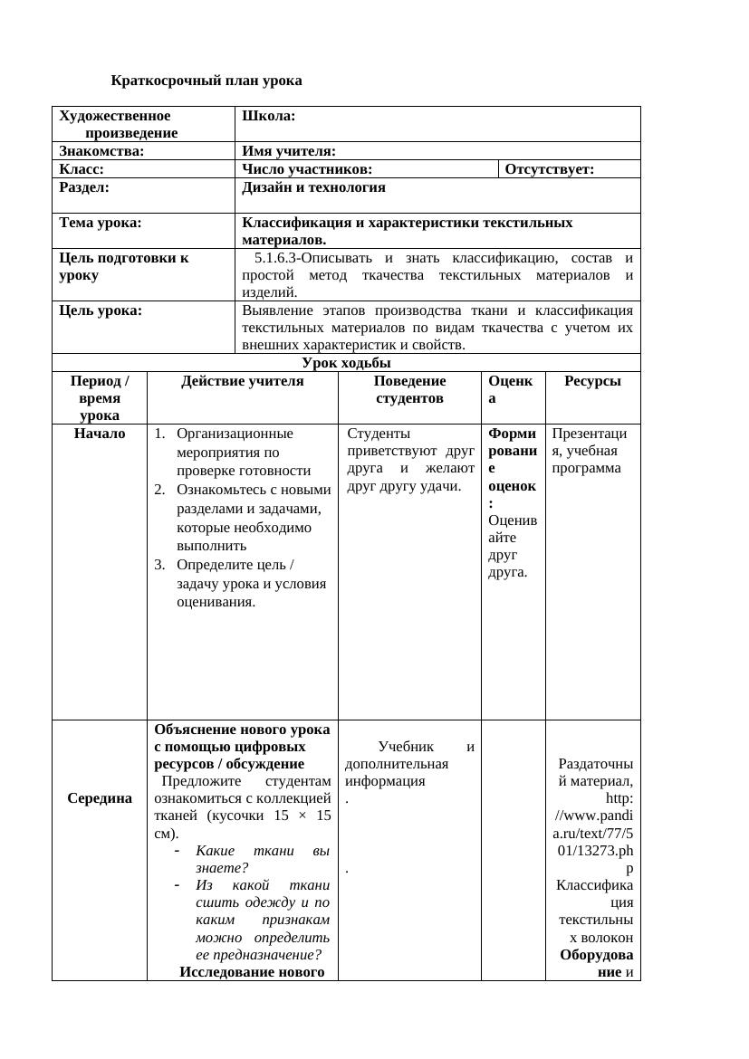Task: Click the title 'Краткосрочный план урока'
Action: tap(206, 81)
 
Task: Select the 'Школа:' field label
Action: tap(269, 116)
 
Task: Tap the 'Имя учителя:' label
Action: tap(289, 151)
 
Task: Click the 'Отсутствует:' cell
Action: tap(550, 169)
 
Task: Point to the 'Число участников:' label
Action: tap(307, 169)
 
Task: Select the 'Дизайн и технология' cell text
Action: tap(313, 187)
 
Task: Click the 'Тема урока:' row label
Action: tap(101, 223)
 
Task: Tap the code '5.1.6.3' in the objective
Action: tap(279, 259)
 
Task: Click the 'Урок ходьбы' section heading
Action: tap(346, 364)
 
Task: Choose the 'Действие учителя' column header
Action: tap(243, 382)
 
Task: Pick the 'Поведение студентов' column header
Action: tap(409, 390)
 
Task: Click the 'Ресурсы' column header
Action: tap(592, 382)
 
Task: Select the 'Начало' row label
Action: tap(100, 434)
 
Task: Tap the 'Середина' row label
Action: tap(100, 798)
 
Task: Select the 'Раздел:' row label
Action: tap(84, 187)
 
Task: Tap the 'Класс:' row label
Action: tap(82, 169)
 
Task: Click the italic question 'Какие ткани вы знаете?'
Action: tap(262, 859)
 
